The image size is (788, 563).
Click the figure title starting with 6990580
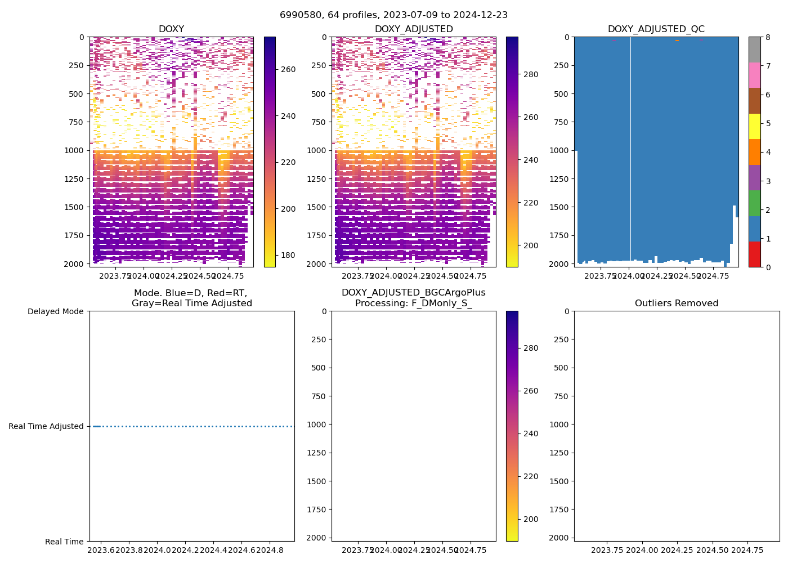click(393, 15)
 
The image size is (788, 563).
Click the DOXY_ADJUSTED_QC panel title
click(656, 29)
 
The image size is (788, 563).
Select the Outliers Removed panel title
click(677, 303)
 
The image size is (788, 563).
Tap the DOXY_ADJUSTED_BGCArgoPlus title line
click(413, 293)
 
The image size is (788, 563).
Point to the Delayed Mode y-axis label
click(55, 311)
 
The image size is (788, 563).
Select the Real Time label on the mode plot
click(64, 542)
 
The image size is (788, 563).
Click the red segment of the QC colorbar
click(754, 254)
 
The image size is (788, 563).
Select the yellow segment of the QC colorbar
click(754, 126)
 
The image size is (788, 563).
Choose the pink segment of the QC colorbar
click(754, 75)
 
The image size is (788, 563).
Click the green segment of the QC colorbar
click(754, 203)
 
